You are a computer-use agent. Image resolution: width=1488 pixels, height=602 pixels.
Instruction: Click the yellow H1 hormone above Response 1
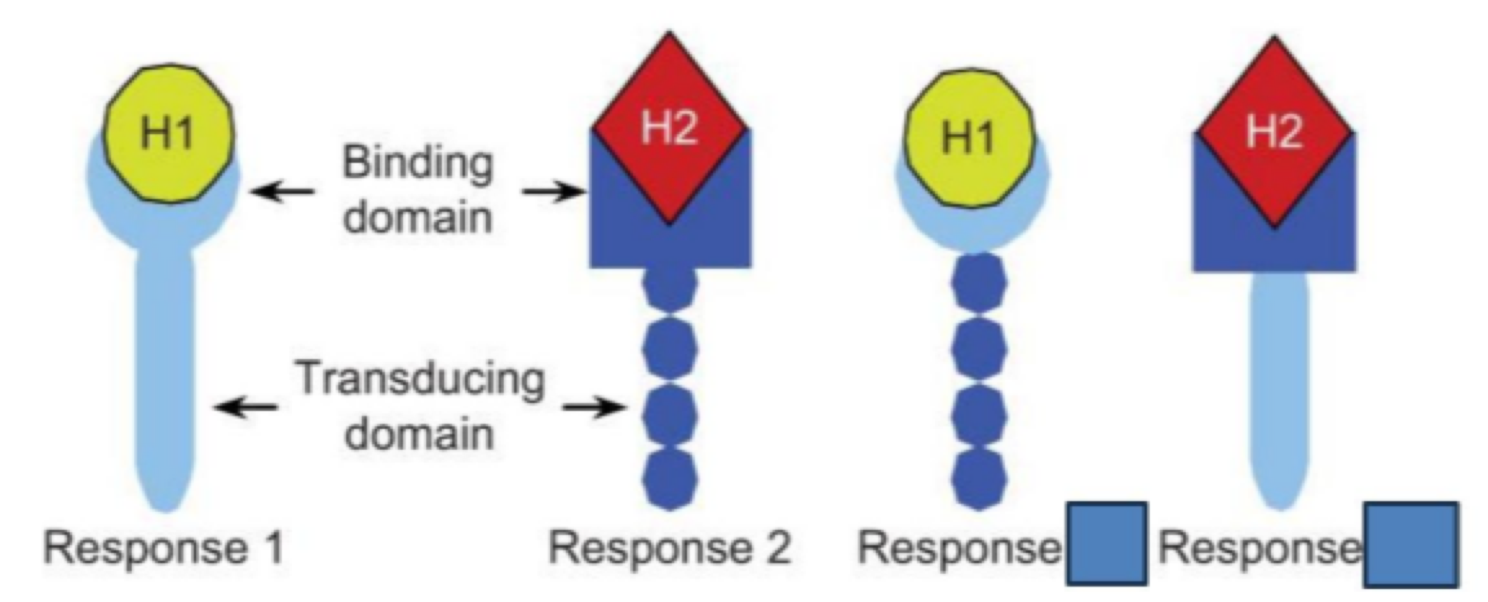167,133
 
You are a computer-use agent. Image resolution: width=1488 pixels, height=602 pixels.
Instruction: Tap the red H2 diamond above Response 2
669,128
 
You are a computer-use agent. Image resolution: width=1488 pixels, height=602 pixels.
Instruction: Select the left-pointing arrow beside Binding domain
282,192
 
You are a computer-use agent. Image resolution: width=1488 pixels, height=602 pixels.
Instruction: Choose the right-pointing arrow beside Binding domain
554,192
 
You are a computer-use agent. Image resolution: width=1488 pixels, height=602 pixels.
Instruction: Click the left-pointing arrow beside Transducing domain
246,408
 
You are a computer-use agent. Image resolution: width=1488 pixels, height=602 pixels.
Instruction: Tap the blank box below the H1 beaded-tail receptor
1106,543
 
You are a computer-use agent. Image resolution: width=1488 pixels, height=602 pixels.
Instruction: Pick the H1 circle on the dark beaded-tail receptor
968,137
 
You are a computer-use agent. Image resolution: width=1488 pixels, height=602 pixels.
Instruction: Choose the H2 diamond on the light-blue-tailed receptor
1274,131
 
